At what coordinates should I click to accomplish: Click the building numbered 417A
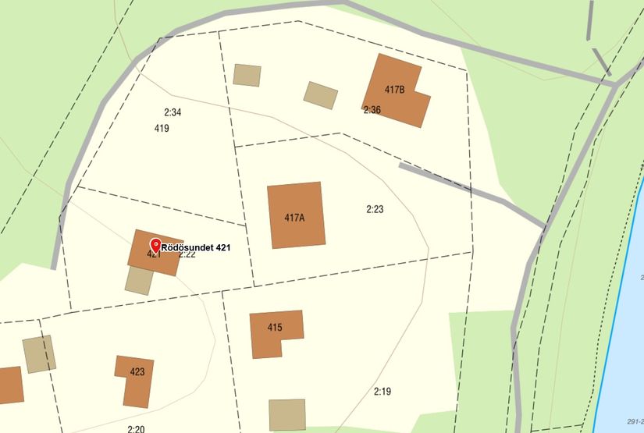[x=295, y=215]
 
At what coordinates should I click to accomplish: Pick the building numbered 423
[x=135, y=380]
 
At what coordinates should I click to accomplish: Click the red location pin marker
[x=155, y=244]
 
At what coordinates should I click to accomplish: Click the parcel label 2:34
[x=173, y=112]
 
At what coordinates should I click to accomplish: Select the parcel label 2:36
[x=372, y=110]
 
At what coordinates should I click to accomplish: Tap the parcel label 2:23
[x=375, y=209]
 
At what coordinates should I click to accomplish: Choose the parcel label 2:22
[x=187, y=255]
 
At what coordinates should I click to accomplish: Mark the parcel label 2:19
[x=382, y=391]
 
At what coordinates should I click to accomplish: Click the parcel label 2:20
[x=136, y=428]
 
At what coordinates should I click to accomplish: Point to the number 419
[x=162, y=128]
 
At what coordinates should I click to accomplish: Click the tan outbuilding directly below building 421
[x=139, y=280]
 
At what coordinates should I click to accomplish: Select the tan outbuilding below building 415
[x=286, y=414]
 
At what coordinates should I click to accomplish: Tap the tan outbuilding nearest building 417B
[x=321, y=95]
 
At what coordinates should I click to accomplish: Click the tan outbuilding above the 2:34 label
[x=247, y=75]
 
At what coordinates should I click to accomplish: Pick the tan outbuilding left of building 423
[x=38, y=354]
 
